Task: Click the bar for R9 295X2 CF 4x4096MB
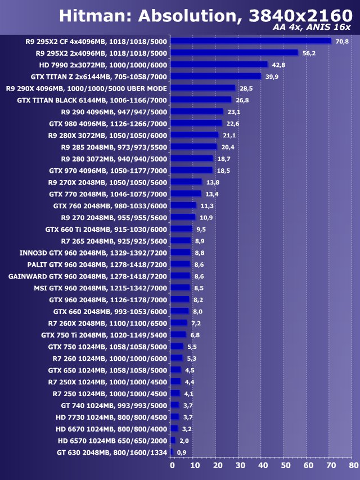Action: (x=251, y=41)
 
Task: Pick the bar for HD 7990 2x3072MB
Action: (x=219, y=65)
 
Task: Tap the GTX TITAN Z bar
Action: (x=215, y=77)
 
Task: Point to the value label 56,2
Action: (x=309, y=53)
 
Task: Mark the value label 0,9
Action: (x=181, y=452)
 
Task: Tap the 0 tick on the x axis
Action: (x=172, y=466)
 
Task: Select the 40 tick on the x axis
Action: (x=263, y=466)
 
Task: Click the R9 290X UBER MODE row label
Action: (x=86, y=88)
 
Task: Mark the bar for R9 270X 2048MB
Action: (x=186, y=182)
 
